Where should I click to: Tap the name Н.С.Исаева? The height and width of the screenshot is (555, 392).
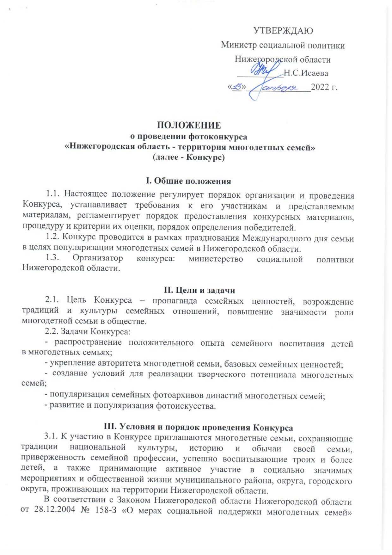click(306, 73)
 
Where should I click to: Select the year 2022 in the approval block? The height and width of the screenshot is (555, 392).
click(320, 87)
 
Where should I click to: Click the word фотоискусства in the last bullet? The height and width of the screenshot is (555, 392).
click(186, 406)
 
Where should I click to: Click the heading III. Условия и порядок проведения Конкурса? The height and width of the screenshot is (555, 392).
click(198, 427)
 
